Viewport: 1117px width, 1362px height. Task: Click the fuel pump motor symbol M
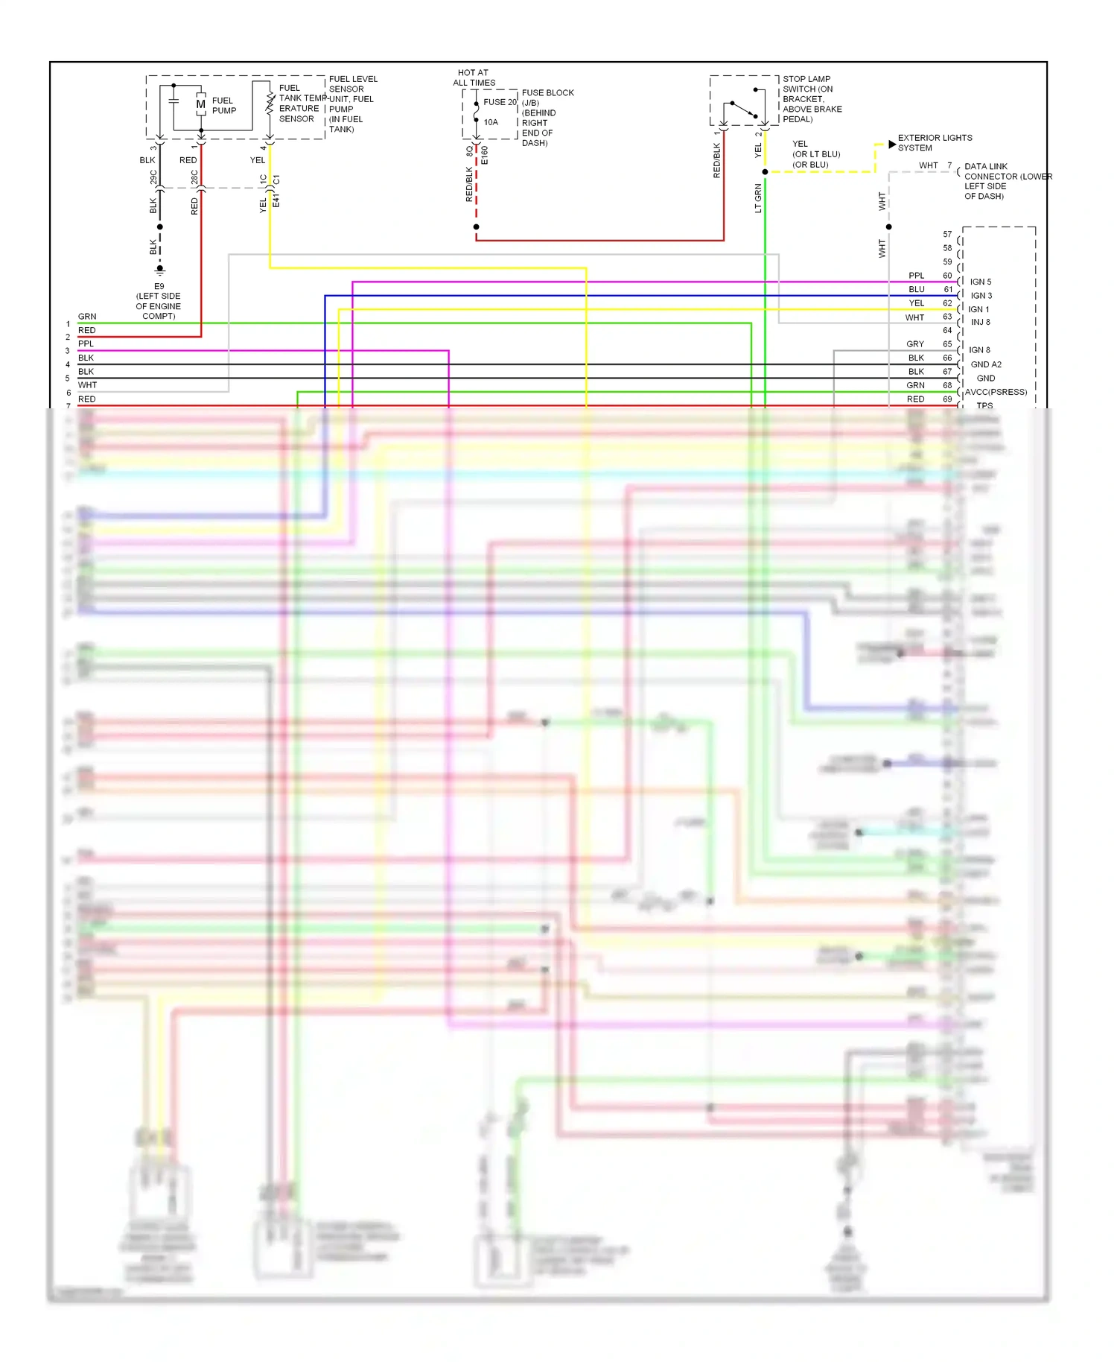pyautogui.click(x=200, y=105)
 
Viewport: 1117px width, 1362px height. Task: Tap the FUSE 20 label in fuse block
pyautogui.click(x=500, y=102)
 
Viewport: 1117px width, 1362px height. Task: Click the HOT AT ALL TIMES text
pyautogui.click(x=474, y=78)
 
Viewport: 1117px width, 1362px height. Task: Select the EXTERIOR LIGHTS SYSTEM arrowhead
pyautogui.click(x=892, y=144)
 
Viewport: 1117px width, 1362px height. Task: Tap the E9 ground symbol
pyautogui.click(x=159, y=269)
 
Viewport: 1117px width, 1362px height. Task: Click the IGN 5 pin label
pyautogui.click(x=980, y=282)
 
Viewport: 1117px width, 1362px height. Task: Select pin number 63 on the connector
pyautogui.click(x=947, y=317)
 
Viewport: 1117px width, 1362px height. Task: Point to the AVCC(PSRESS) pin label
pyautogui.click(x=996, y=392)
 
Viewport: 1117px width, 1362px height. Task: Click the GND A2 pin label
pyautogui.click(x=985, y=364)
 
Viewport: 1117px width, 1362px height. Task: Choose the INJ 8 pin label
pyautogui.click(x=980, y=322)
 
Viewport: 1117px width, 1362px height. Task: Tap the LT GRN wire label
pyautogui.click(x=758, y=198)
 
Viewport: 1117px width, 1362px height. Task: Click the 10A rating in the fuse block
pyautogui.click(x=491, y=122)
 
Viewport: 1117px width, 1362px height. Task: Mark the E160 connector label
pyautogui.click(x=485, y=155)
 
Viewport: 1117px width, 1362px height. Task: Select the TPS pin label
pyautogui.click(x=984, y=405)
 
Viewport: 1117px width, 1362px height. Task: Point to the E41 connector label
pyautogui.click(x=276, y=201)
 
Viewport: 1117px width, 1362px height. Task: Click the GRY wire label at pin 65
pyautogui.click(x=914, y=344)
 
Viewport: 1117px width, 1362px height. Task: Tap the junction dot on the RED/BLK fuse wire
pyautogui.click(x=476, y=227)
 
